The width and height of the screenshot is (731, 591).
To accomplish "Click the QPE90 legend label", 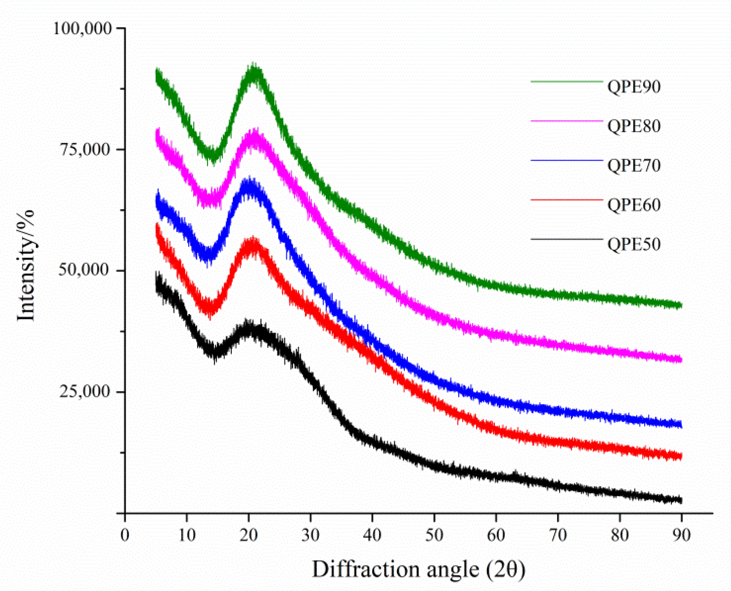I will (634, 87).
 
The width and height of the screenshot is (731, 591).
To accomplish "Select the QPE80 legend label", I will (634, 126).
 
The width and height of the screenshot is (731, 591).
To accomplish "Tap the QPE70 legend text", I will (634, 165).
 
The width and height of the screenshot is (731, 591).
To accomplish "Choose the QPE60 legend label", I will (634, 205).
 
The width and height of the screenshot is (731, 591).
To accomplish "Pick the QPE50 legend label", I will (634, 244).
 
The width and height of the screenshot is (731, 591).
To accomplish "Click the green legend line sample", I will (566, 82).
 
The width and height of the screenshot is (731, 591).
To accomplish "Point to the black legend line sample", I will (566, 239).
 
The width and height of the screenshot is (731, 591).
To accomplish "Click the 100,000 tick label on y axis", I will (82, 28).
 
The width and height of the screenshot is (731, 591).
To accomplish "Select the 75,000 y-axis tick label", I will (85, 149).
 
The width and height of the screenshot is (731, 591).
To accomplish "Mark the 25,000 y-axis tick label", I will (85, 391).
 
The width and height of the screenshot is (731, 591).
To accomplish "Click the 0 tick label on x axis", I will (125, 535).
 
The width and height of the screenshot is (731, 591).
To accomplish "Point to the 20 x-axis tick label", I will (248, 535).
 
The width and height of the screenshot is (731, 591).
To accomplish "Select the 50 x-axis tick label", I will (434, 535).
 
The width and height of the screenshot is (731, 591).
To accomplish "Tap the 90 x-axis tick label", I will (681, 535).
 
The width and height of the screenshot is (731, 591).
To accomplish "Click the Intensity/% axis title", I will (26, 266).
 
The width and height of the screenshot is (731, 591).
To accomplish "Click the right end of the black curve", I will (681, 500).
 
